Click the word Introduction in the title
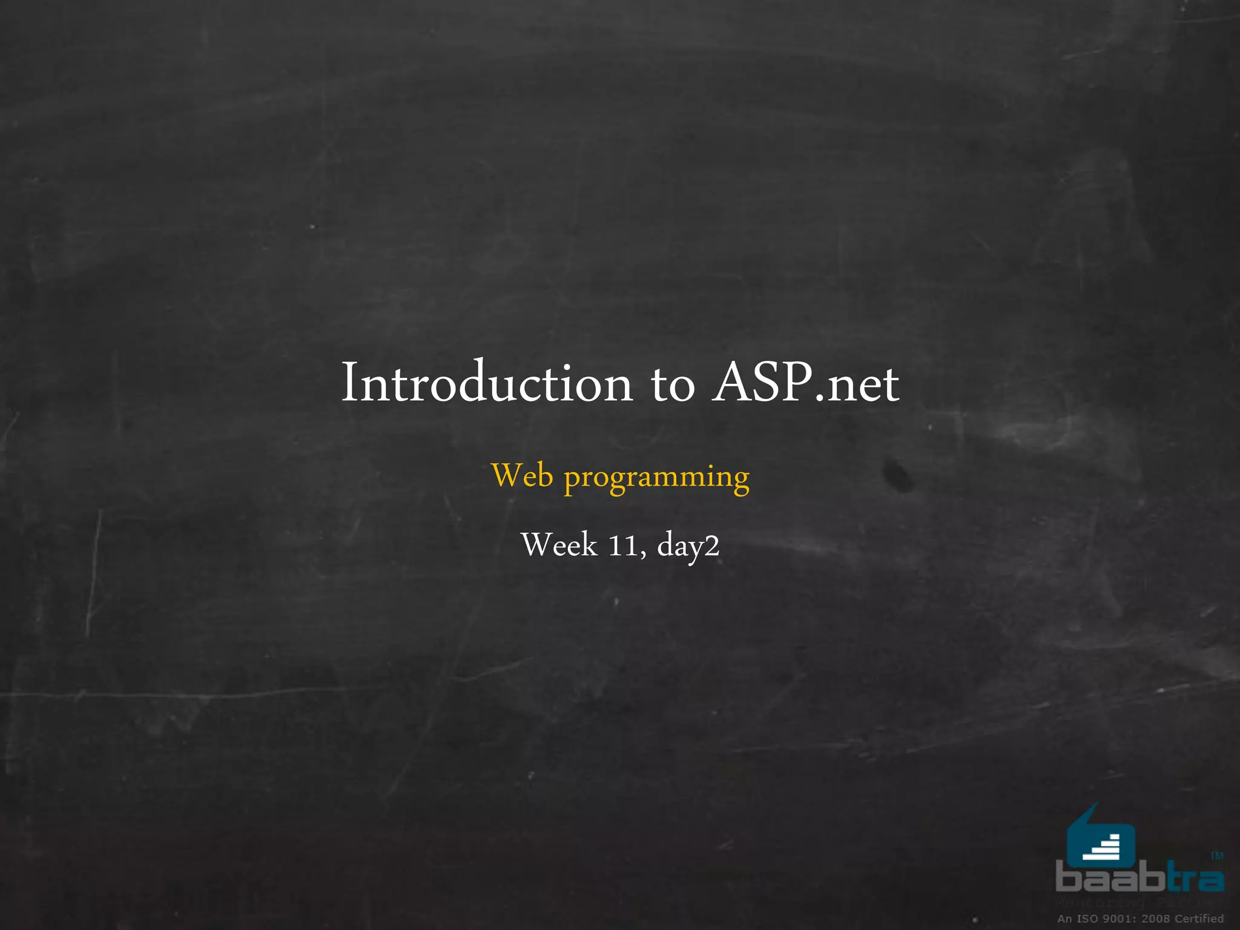click(487, 383)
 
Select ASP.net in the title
click(805, 383)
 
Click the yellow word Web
click(523, 475)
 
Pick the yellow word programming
click(657, 478)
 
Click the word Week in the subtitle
click(559, 545)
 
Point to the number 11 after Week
click(622, 546)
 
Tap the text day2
click(688, 546)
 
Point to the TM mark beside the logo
click(1217, 856)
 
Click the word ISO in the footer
click(1087, 918)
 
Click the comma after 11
click(643, 554)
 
